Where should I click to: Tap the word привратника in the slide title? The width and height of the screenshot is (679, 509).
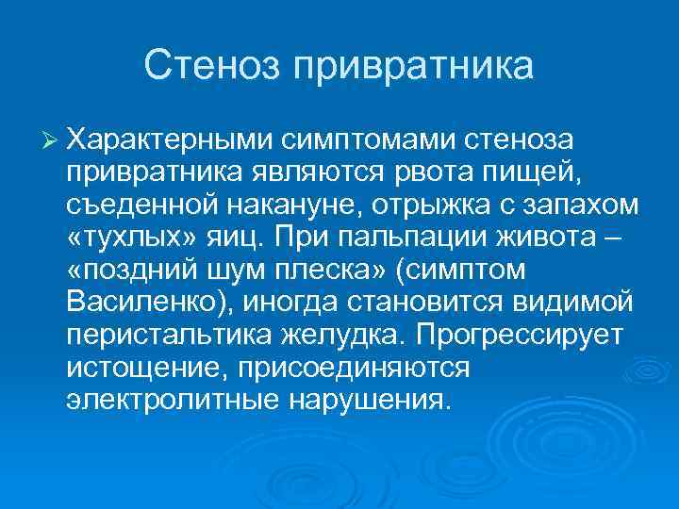[x=411, y=66]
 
